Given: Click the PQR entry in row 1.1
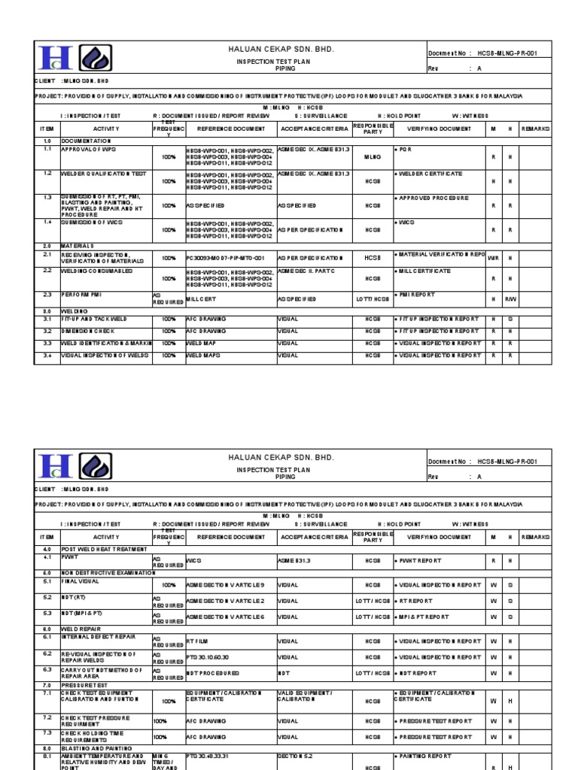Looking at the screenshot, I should coord(406,150).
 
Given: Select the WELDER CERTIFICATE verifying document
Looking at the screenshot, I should coord(430,174).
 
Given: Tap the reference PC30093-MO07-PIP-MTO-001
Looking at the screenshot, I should coord(225,258).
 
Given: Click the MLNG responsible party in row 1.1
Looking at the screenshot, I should coord(373,157).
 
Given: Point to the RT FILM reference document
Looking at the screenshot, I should coord(198,641).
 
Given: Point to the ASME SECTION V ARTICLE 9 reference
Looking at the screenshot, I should coord(225,584).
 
